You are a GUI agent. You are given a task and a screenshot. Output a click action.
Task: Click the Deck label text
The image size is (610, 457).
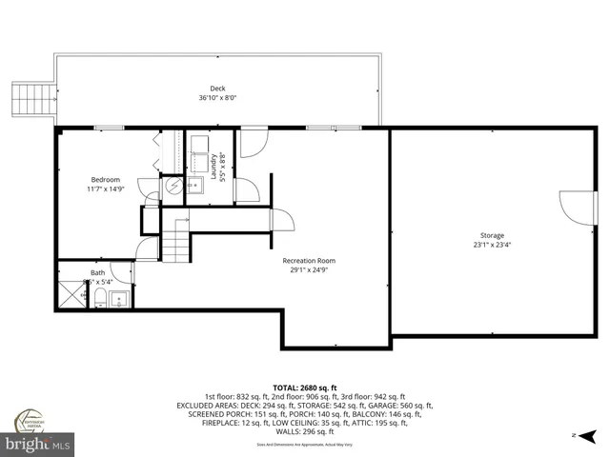[x=217, y=89]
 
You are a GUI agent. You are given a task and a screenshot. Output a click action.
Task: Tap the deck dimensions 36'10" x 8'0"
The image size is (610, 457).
[x=217, y=98]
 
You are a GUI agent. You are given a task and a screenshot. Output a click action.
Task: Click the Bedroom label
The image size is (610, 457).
[x=105, y=180]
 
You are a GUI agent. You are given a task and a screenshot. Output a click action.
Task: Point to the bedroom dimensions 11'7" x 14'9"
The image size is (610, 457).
[x=105, y=189]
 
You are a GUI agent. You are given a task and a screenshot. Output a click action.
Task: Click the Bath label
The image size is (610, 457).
[x=98, y=272]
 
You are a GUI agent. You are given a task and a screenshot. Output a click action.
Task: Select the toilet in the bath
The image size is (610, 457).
[x=98, y=300]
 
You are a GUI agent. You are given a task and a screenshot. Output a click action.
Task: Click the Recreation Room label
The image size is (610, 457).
[x=308, y=260]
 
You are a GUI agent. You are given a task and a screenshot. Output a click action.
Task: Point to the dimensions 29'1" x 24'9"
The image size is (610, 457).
[x=308, y=269]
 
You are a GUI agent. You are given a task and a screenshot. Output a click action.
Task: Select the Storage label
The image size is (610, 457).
[x=492, y=235]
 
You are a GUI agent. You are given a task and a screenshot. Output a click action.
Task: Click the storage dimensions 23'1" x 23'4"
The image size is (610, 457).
[x=492, y=245]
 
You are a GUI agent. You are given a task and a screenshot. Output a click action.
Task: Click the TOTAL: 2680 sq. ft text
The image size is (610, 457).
[x=305, y=387]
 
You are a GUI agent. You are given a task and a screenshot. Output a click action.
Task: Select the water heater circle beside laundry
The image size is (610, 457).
[x=173, y=187]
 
